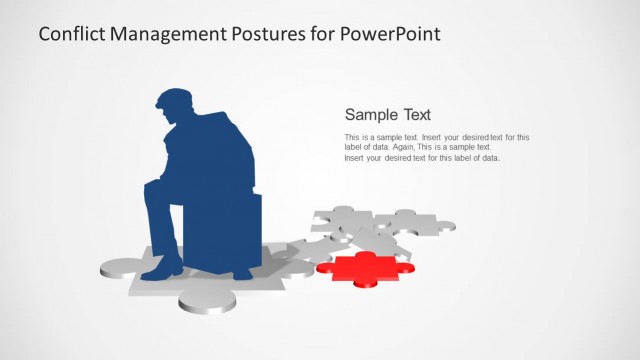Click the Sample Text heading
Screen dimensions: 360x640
click(387, 114)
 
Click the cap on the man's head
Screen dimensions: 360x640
click(172, 98)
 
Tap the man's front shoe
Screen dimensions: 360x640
click(163, 269)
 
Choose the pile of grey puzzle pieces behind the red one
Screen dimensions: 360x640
click(380, 228)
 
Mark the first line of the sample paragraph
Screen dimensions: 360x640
click(436, 137)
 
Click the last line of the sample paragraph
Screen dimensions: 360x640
click(421, 158)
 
